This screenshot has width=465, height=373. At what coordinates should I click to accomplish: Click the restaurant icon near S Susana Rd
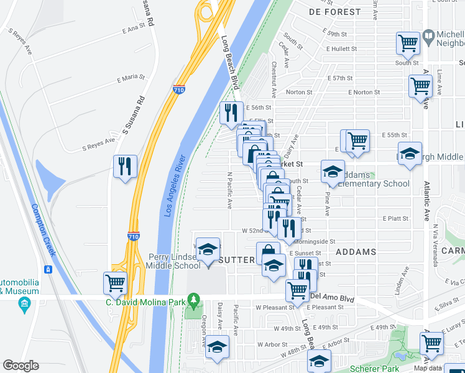coord(126,167)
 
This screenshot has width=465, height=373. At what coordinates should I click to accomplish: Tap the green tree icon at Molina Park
coord(194,302)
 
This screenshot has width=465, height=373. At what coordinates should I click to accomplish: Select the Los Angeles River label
coord(176,185)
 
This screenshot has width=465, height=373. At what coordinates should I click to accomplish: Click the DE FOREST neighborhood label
coord(334,12)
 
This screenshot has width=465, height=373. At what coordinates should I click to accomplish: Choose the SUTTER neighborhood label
coord(236,259)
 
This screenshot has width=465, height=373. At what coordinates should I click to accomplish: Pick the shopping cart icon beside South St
coord(408,44)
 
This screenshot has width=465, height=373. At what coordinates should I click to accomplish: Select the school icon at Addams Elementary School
coord(333,171)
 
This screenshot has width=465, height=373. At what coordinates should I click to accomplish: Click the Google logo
coord(21,366)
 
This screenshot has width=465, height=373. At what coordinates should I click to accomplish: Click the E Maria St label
coord(131,78)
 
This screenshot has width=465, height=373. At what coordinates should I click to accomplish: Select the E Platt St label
coord(395,218)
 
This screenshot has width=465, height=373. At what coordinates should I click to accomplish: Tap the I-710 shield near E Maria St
coord(179,90)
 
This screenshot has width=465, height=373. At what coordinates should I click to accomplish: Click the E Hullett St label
coord(341,48)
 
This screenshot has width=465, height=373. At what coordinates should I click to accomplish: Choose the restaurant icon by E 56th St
coord(231,113)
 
